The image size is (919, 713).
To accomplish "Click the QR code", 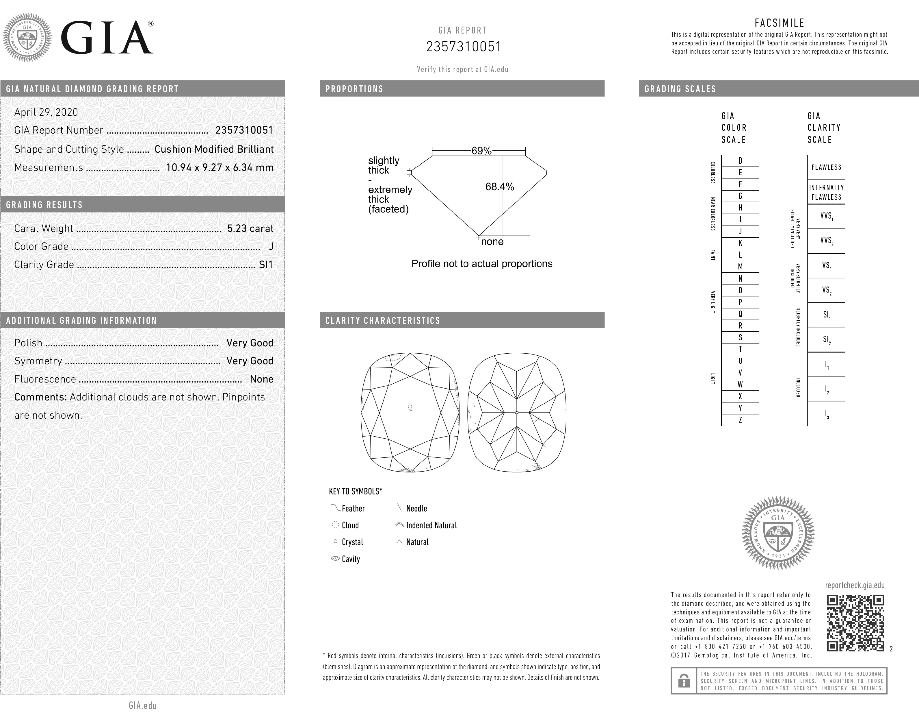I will point(855,623).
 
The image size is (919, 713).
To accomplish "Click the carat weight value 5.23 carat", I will point(250,228).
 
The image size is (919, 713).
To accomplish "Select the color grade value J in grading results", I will point(271,246).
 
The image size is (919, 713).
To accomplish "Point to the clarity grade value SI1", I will point(265,265).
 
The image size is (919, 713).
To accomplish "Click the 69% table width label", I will point(481,151).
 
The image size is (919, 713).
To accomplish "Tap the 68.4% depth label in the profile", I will point(499,186).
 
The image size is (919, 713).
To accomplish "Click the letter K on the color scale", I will point(740,243).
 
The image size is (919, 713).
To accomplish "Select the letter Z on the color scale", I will point(740,420).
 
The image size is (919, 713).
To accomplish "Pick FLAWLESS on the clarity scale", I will point(826,167).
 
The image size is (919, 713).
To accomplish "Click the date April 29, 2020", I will point(46,112).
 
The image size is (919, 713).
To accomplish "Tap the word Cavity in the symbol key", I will point(351,559).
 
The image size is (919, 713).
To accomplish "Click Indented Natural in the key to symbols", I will point(431,525).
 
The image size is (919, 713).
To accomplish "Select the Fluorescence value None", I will point(261,379).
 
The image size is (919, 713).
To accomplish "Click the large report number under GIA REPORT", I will point(463,46).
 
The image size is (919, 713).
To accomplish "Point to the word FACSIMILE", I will point(779,23).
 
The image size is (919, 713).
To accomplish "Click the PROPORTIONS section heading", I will point(354,89).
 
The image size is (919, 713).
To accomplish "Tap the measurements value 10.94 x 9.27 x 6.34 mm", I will point(220,167).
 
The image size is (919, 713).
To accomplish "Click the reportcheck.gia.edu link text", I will point(855,585).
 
